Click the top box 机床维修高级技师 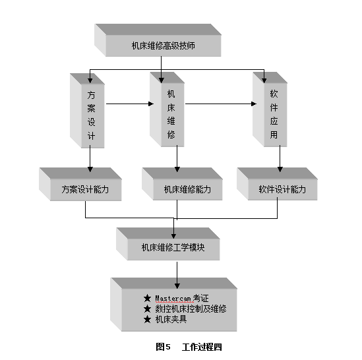[x=158, y=40]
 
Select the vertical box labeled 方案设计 [x=87, y=111]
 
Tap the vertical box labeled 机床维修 [x=167, y=109]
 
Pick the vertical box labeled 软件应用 [x=270, y=109]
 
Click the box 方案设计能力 [x=80, y=184]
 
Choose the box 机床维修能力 [x=183, y=184]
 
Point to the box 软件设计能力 [x=278, y=184]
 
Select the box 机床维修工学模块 [x=168, y=244]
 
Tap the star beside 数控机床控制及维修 [x=147, y=309]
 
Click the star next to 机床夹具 [x=147, y=320]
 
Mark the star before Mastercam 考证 [x=147, y=298]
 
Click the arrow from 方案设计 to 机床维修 [x=130, y=104]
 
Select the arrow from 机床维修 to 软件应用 [x=221, y=104]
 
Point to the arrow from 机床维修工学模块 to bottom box [x=177, y=275]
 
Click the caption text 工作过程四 [x=202, y=347]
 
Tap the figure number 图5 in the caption [x=163, y=347]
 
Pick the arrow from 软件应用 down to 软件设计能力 [x=280, y=159]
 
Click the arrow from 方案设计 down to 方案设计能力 [x=90, y=159]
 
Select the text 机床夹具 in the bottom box [x=171, y=320]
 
